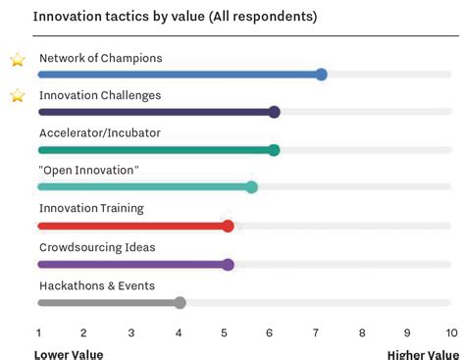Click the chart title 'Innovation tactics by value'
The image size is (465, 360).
(175, 17)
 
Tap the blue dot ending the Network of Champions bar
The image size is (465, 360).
(321, 75)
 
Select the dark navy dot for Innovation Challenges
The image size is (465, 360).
(274, 112)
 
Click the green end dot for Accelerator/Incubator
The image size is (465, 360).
(274, 150)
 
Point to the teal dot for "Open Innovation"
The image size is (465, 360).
(251, 187)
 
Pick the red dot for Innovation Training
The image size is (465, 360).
(228, 226)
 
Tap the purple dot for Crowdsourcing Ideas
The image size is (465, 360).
(228, 264)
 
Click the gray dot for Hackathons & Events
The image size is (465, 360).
(180, 302)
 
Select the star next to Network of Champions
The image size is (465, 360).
(17, 60)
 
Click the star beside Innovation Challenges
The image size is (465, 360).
(17, 96)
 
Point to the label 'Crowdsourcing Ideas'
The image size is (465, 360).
(97, 247)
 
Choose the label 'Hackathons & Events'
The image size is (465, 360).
(97, 285)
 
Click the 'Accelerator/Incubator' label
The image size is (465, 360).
(100, 132)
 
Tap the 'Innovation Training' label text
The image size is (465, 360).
(91, 208)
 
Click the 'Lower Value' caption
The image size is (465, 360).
(69, 354)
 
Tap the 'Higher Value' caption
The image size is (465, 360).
(422, 354)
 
